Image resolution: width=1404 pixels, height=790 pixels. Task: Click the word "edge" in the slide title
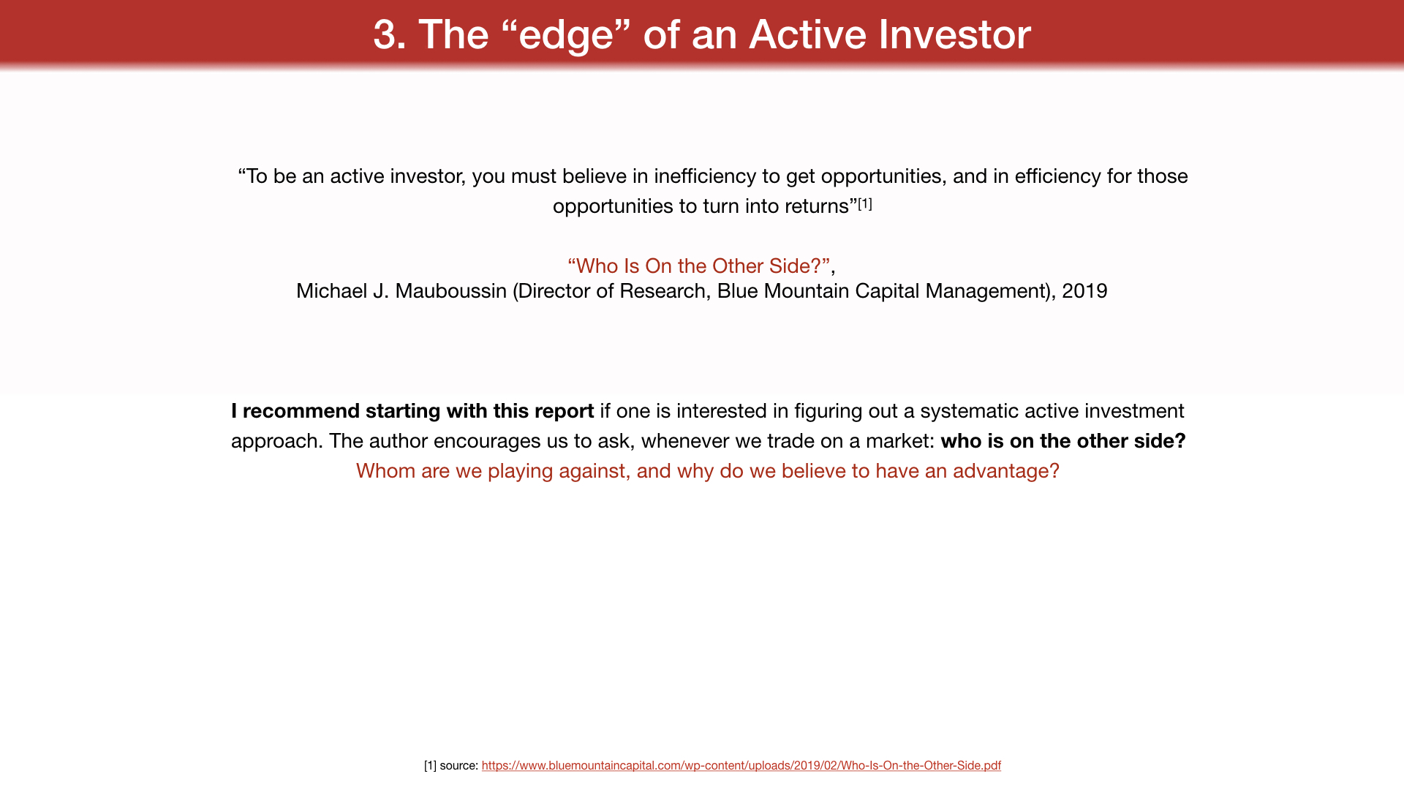point(566,35)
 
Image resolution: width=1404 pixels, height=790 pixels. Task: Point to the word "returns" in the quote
point(816,206)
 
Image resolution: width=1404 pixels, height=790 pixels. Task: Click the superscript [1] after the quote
point(865,203)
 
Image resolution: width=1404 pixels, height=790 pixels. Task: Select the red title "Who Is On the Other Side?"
point(698,266)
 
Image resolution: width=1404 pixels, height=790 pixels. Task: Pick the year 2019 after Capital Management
point(1084,291)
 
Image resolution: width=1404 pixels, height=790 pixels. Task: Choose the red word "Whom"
point(385,471)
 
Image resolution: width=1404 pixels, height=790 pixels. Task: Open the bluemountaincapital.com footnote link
point(741,766)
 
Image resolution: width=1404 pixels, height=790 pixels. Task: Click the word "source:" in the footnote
point(459,766)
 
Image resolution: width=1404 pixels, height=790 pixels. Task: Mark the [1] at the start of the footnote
point(430,766)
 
